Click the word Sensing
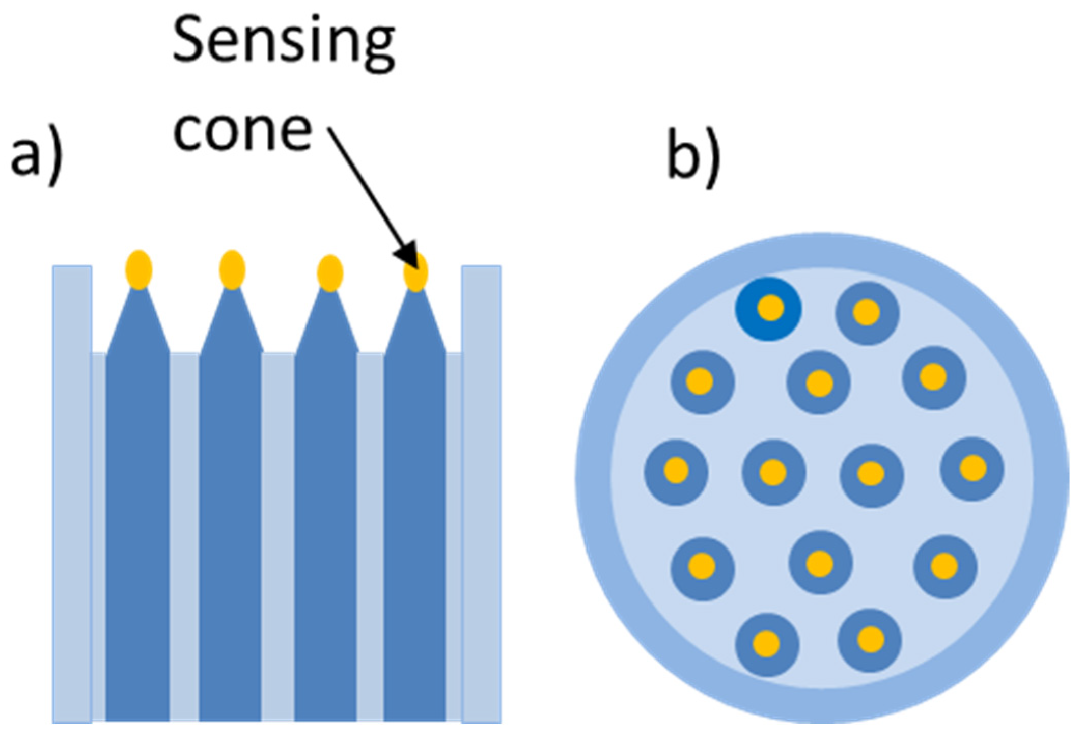click(284, 43)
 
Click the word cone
click(242, 131)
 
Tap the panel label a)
click(37, 158)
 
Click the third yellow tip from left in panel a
click(329, 273)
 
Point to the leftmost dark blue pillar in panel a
click(138, 509)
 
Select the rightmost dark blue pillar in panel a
click(415, 509)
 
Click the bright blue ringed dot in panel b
click(769, 309)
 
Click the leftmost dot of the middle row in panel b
click(676, 471)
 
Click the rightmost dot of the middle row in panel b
click(972, 469)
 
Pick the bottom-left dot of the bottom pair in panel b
click(767, 644)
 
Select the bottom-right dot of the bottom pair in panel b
click(870, 640)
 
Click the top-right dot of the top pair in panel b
click(867, 313)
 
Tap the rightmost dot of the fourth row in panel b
click(945, 566)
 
